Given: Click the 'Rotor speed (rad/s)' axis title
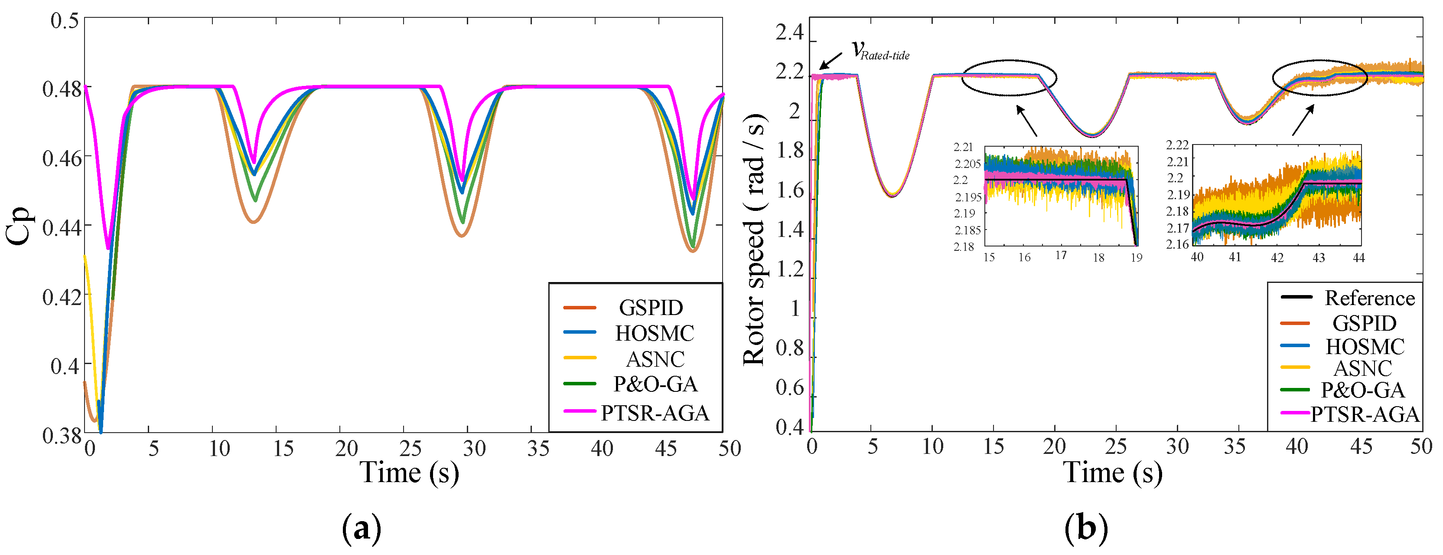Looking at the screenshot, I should click(754, 240).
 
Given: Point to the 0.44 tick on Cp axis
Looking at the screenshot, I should click(62, 227).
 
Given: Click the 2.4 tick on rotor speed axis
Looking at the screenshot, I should click(789, 33).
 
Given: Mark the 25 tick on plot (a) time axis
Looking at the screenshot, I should click(410, 449).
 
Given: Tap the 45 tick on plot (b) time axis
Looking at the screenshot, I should click(1361, 446).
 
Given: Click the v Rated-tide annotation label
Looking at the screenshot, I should click(880, 50).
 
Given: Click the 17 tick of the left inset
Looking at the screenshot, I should click(1061, 256).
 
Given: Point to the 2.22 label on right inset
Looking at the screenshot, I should click(1177, 145).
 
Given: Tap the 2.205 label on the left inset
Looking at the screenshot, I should click(967, 164).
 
